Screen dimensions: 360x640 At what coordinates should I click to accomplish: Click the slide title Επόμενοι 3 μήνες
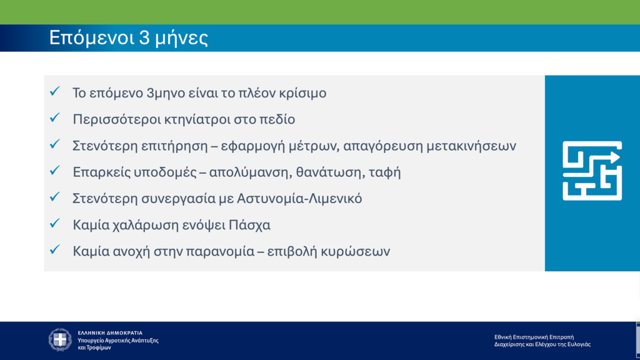click(x=129, y=38)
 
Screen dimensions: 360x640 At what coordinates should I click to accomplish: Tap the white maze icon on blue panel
click(x=592, y=171)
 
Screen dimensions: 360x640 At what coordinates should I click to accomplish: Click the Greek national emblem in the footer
click(x=61, y=339)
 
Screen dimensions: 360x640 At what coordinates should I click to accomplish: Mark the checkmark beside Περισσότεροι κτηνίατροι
click(x=55, y=118)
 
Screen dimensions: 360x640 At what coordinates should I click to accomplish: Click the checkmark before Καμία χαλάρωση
click(x=55, y=224)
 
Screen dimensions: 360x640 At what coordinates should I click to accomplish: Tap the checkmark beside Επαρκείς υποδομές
click(x=55, y=171)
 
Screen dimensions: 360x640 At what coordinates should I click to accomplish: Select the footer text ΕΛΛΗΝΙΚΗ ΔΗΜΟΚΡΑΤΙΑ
click(x=110, y=332)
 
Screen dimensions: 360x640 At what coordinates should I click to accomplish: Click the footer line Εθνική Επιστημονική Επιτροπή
click(x=534, y=337)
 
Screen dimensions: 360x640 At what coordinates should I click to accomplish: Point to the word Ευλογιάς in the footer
click(x=579, y=344)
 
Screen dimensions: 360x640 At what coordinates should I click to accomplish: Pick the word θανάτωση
click(x=321, y=172)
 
